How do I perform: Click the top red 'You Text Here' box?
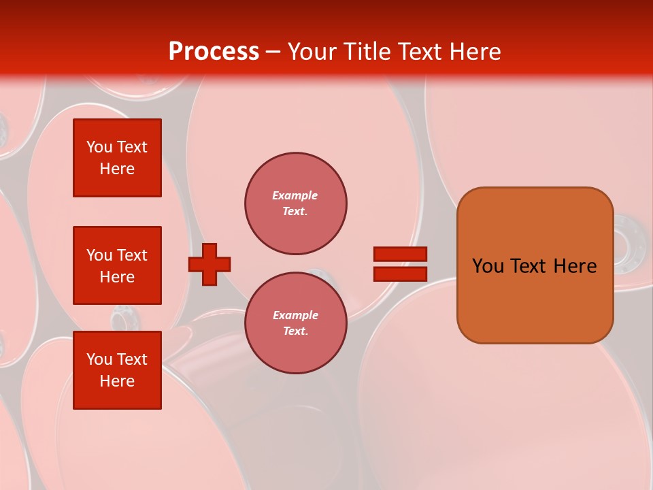117,158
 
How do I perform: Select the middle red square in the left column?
117,265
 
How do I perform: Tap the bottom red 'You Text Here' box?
117,370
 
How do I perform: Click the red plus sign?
210,264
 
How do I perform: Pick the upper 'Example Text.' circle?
295,203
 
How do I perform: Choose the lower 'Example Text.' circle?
295,323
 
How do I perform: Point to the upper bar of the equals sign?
400,254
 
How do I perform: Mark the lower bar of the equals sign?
400,274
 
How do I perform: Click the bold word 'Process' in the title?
214,52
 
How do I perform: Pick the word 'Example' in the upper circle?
295,195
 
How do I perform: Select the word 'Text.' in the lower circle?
295,331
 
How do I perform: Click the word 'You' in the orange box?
489,266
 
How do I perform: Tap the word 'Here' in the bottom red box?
117,381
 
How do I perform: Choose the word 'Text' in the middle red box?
132,255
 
